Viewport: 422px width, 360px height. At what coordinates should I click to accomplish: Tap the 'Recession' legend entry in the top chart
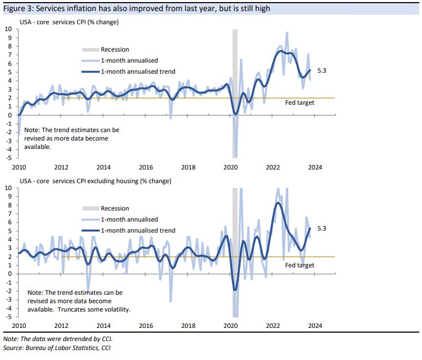[115, 49]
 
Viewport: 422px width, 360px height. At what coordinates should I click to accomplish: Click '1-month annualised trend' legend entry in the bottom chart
[138, 230]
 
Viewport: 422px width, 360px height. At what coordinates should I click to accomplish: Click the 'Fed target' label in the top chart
[299, 103]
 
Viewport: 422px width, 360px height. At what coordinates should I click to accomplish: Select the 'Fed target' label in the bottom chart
[299, 265]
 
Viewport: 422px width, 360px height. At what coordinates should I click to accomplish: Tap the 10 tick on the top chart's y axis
[8, 29]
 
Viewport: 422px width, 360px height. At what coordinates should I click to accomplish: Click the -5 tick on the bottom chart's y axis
[8, 317]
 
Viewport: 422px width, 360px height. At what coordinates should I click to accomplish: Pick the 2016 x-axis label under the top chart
[146, 167]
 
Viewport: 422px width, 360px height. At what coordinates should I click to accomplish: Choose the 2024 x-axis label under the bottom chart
[315, 325]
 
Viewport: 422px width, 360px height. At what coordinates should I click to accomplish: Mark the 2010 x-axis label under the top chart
[19, 167]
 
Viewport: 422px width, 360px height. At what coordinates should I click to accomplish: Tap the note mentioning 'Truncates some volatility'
[79, 301]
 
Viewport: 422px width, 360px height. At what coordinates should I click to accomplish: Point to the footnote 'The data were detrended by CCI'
[58, 339]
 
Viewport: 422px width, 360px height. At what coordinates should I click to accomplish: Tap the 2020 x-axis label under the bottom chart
[230, 325]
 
